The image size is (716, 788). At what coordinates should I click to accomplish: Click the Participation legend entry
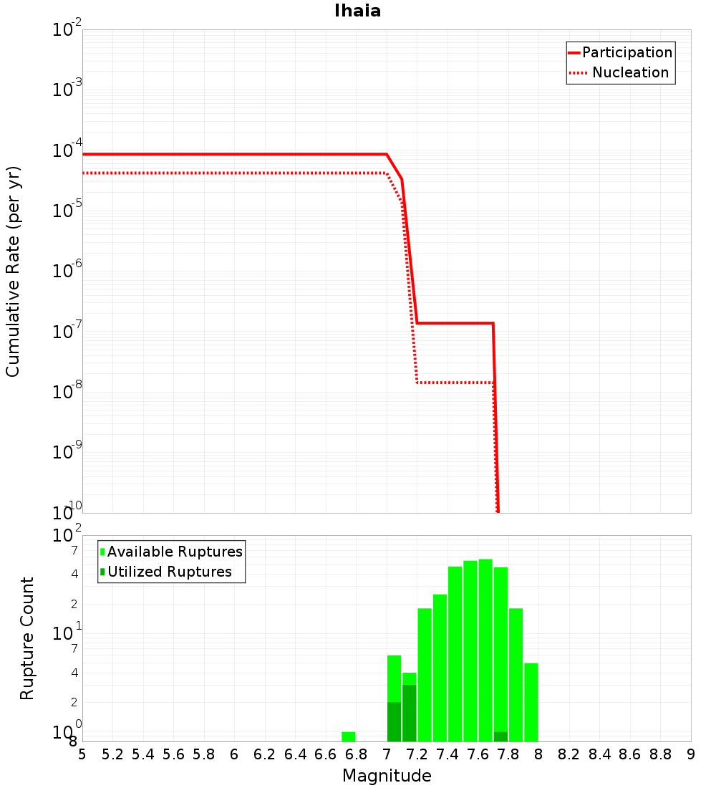pyautogui.click(x=627, y=53)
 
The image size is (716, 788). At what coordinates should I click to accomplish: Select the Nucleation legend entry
pyautogui.click(x=630, y=73)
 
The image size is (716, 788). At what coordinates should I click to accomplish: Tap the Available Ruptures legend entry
pyautogui.click(x=175, y=552)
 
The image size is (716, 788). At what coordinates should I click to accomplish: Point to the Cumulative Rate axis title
pyautogui.click(x=13, y=271)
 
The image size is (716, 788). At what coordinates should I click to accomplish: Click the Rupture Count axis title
pyautogui.click(x=27, y=638)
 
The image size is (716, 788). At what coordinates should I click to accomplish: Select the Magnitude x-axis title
pyautogui.click(x=387, y=776)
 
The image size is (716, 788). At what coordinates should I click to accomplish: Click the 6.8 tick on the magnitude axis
pyautogui.click(x=356, y=754)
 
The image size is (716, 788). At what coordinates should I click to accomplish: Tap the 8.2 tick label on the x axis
pyautogui.click(x=569, y=754)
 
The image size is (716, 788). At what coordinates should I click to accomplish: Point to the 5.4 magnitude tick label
pyautogui.click(x=143, y=754)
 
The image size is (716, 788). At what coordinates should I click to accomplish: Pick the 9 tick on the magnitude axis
pyautogui.click(x=691, y=754)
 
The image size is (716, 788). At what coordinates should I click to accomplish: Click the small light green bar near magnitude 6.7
pyautogui.click(x=349, y=736)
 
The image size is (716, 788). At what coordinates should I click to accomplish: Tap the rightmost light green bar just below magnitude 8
pyautogui.click(x=531, y=702)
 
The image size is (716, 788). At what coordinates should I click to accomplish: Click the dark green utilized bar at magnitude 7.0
pyautogui.click(x=394, y=722)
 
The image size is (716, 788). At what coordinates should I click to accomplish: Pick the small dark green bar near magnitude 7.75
pyautogui.click(x=500, y=736)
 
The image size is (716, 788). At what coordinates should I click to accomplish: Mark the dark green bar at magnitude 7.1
pyautogui.click(x=409, y=713)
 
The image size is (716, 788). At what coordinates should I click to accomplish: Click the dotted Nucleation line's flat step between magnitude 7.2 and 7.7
pyautogui.click(x=455, y=383)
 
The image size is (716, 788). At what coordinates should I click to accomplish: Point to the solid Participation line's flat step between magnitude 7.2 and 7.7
pyautogui.click(x=455, y=323)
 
